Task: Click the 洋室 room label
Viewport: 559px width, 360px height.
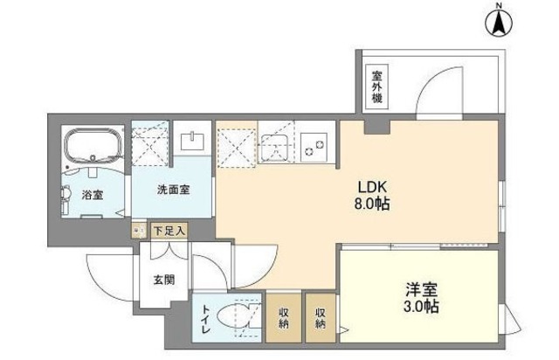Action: (422, 288)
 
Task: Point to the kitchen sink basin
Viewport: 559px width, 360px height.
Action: (280, 145)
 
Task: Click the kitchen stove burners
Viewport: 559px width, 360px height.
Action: (316, 145)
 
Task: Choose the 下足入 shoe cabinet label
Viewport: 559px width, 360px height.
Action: (169, 232)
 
